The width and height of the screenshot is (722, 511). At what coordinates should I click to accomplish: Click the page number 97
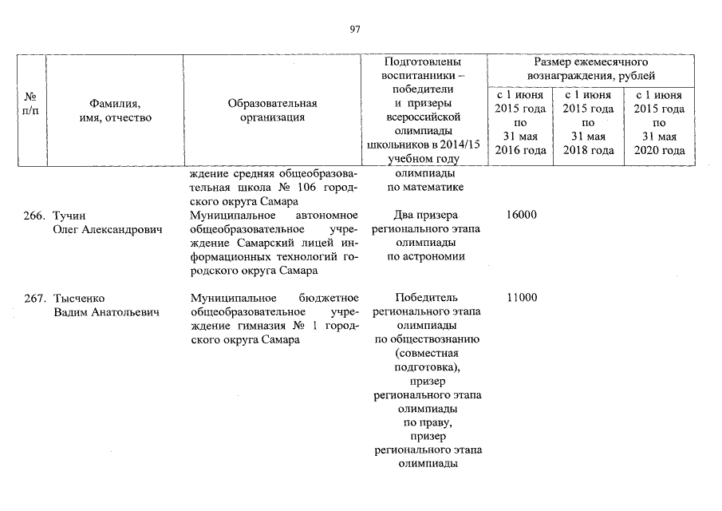tap(356, 30)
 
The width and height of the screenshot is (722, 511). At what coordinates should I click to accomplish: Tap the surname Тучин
tap(68, 216)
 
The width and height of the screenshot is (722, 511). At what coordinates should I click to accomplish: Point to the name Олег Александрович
tap(106, 230)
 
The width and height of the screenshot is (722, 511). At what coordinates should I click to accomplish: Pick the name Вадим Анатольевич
tap(106, 312)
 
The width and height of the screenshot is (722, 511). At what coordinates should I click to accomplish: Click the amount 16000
tap(521, 216)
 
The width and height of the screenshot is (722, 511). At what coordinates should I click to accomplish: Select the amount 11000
tap(521, 299)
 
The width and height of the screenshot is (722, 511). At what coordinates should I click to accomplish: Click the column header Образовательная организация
tap(272, 110)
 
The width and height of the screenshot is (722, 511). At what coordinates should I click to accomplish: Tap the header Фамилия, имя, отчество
tap(115, 110)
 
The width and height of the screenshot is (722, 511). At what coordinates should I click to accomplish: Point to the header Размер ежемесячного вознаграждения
tap(590, 69)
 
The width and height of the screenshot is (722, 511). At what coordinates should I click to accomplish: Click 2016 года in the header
tap(521, 150)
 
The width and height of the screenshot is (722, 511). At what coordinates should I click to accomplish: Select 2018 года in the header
tap(588, 150)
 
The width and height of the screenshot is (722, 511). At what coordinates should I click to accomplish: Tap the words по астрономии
tap(426, 256)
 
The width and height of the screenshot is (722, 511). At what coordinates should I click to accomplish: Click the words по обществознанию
tap(426, 339)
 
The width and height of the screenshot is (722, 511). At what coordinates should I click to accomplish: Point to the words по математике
tap(426, 188)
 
